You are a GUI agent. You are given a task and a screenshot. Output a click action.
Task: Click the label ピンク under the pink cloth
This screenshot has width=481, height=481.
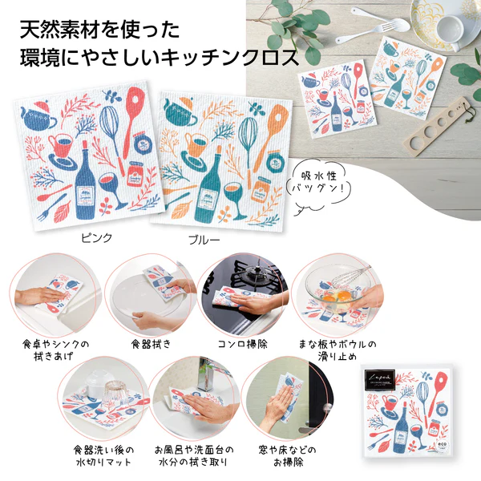[x=98, y=238]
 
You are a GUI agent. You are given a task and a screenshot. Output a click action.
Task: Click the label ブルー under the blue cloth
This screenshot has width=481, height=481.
[x=204, y=240]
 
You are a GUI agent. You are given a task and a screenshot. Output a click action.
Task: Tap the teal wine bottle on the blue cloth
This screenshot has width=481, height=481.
[x=210, y=186]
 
